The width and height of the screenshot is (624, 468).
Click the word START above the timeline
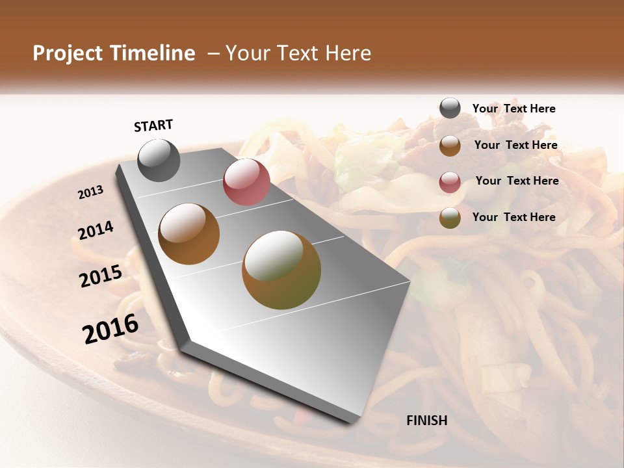153,125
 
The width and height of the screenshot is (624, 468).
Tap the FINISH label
427,421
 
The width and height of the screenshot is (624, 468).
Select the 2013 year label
90,192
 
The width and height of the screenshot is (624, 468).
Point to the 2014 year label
96,231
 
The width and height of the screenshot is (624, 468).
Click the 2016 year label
110,329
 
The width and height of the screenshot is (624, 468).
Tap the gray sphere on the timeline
159,161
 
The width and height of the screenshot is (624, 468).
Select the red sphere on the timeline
246,181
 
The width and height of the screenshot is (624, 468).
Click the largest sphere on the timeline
281,270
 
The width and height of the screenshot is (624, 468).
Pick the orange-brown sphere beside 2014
189,234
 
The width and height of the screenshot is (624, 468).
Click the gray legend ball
450,109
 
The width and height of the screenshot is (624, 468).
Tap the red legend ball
450,182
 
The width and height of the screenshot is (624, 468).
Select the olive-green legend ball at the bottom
450,218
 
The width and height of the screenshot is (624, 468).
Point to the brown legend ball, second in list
450,146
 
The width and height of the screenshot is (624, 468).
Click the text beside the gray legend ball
513,109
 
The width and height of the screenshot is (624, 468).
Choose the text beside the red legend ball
517,181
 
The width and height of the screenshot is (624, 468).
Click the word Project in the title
68,53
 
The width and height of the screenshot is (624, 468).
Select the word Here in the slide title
347,53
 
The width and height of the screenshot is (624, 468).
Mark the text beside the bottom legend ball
513,217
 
